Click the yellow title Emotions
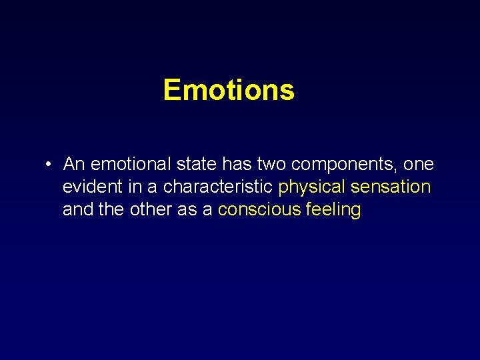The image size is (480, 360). tap(228, 90)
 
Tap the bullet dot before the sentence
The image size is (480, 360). tap(49, 165)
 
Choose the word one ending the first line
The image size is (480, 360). tap(418, 164)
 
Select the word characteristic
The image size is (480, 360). tap(218, 187)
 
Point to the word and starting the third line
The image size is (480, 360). tap(77, 209)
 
